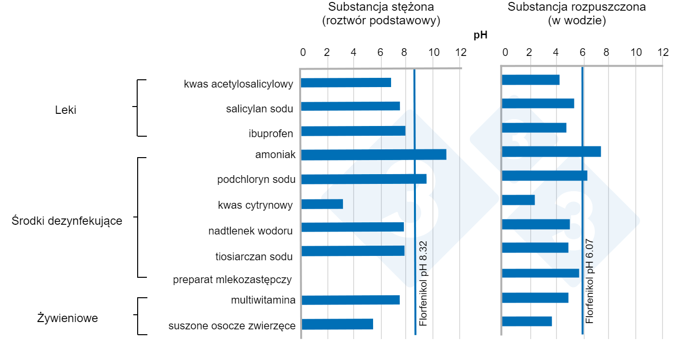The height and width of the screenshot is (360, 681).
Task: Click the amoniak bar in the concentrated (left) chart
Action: point(374,155)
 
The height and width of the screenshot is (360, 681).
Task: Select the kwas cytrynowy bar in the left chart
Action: point(322,204)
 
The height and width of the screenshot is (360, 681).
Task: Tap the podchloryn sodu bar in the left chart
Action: point(364,179)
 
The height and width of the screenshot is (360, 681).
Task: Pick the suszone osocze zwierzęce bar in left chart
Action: point(337,324)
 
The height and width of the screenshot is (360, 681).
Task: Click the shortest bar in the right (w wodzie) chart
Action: point(519,200)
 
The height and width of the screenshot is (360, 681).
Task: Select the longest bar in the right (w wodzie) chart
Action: point(551,152)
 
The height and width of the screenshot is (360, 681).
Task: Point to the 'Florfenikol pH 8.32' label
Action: point(423,283)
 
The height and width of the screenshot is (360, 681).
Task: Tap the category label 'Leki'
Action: point(66,110)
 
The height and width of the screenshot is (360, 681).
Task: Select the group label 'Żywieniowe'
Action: point(68,319)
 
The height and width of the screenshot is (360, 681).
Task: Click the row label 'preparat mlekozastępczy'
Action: point(233,280)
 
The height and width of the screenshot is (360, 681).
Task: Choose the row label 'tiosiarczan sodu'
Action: point(254,256)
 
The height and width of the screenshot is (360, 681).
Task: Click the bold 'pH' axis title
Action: point(480,35)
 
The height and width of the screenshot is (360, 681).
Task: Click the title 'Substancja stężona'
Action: point(381,7)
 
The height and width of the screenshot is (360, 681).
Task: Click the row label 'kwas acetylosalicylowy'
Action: point(238,84)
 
